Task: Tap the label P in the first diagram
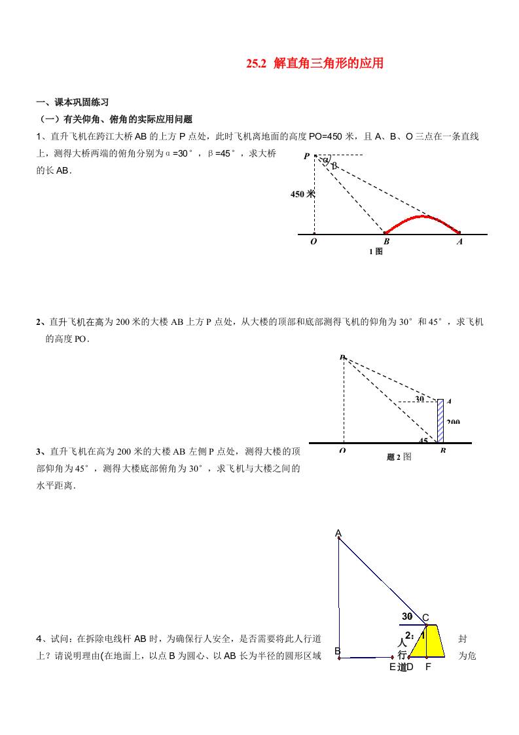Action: [306, 157]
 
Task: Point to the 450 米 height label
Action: [302, 193]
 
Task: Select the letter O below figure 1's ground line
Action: [313, 242]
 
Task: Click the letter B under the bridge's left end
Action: [386, 242]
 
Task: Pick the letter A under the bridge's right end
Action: [459, 242]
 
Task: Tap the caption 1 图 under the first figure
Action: [375, 252]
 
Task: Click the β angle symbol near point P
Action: [334, 166]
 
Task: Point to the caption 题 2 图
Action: [399, 457]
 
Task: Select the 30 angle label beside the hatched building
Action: [420, 398]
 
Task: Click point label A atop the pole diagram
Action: [338, 533]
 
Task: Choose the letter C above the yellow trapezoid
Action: [425, 617]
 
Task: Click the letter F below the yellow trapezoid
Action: [428, 667]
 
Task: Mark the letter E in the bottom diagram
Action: [392, 667]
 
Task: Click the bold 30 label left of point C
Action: [407, 616]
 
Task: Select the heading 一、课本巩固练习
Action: [73, 102]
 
